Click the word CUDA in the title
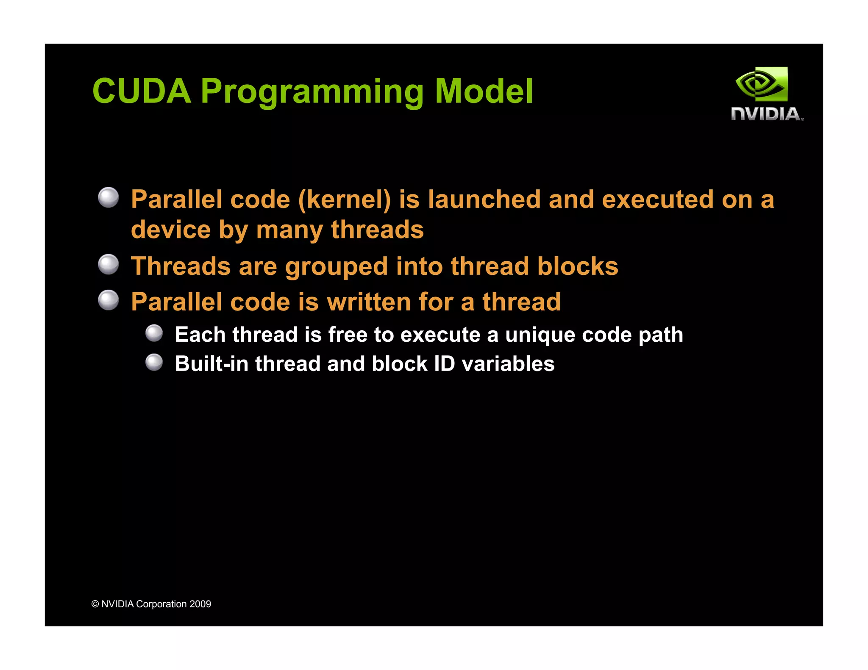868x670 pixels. (142, 91)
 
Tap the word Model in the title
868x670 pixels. (484, 91)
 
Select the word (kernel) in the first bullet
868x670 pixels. (345, 199)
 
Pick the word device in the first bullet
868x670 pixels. (171, 230)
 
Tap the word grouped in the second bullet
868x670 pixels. (337, 267)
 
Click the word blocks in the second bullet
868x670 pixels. (578, 266)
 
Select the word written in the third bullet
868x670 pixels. (368, 302)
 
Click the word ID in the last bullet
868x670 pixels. (444, 364)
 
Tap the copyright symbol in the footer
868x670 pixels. (95, 604)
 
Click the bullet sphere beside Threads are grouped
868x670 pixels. (108, 265)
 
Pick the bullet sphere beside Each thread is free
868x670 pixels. (154, 333)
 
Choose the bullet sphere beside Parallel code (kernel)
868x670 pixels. (108, 198)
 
